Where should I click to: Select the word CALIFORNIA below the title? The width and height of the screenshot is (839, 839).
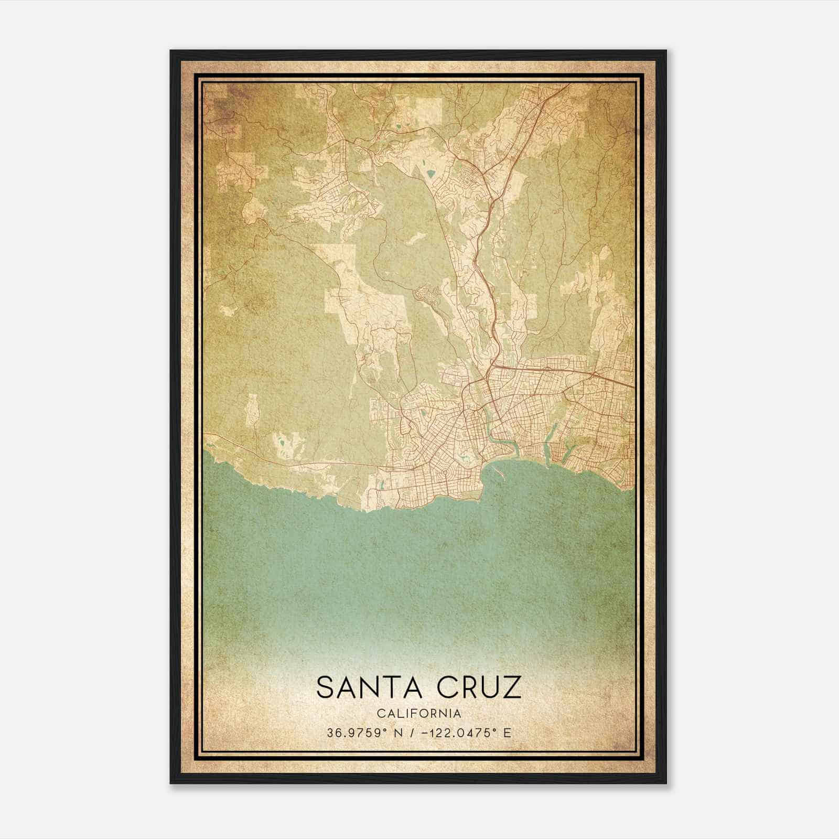coord(419,714)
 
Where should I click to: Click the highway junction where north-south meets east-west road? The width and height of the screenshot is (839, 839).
coord(493,364)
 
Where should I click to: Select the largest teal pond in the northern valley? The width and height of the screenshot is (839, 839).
coord(431,173)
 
